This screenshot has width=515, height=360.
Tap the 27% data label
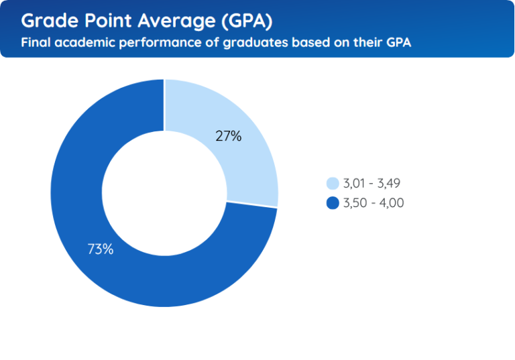pyautogui.click(x=228, y=136)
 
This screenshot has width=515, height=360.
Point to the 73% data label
pyautogui.click(x=101, y=249)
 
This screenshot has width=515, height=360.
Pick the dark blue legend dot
pyautogui.click(x=332, y=203)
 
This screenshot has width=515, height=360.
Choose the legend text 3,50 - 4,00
pyautogui.click(x=373, y=203)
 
